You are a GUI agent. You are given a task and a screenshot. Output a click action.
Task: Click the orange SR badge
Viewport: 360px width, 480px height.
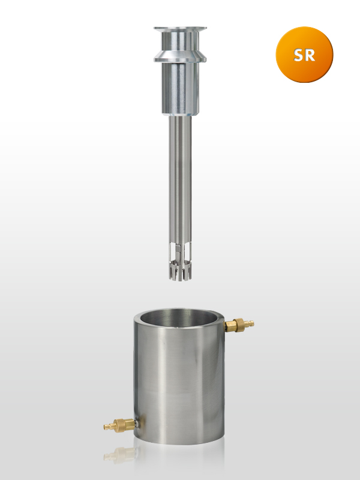click(304, 55)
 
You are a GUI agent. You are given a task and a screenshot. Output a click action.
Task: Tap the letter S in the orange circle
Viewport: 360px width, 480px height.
click(299, 55)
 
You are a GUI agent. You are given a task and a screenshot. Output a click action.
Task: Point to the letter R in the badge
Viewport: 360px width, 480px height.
click(310, 55)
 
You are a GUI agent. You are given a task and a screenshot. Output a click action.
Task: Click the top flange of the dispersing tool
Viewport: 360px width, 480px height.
click(180, 29)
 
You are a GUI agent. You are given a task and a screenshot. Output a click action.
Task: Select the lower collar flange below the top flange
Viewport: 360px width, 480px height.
click(180, 57)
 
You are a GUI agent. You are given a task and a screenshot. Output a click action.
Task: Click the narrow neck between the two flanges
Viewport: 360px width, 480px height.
click(180, 41)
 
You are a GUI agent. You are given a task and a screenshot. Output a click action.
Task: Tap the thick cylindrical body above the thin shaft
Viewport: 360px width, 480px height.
click(180, 88)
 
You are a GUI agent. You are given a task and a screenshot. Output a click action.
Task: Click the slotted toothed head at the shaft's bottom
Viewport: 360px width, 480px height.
click(181, 270)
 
